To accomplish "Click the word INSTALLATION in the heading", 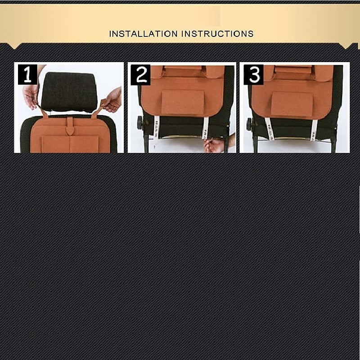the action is click(x=143, y=34).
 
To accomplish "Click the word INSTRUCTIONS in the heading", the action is click(x=217, y=34).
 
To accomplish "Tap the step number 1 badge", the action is click(x=27, y=75).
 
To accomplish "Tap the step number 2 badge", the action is click(x=140, y=75).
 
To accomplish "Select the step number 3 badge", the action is click(x=253, y=75).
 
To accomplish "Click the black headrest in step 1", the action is click(x=69, y=92).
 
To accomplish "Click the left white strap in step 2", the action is click(x=156, y=128).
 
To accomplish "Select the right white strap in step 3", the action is click(x=314, y=130).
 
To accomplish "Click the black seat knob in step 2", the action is click(x=140, y=123).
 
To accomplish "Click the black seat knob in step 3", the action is click(x=249, y=125).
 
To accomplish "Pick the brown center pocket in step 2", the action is click(x=183, y=103).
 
